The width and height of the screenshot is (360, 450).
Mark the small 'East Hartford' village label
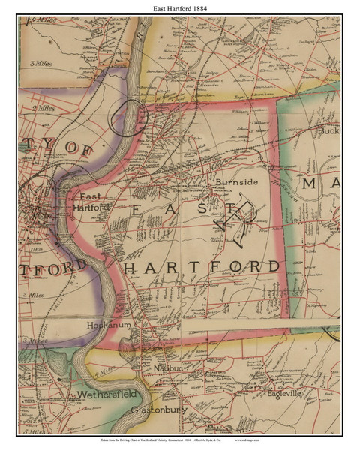94,202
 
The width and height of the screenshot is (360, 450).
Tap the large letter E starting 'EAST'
136,213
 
